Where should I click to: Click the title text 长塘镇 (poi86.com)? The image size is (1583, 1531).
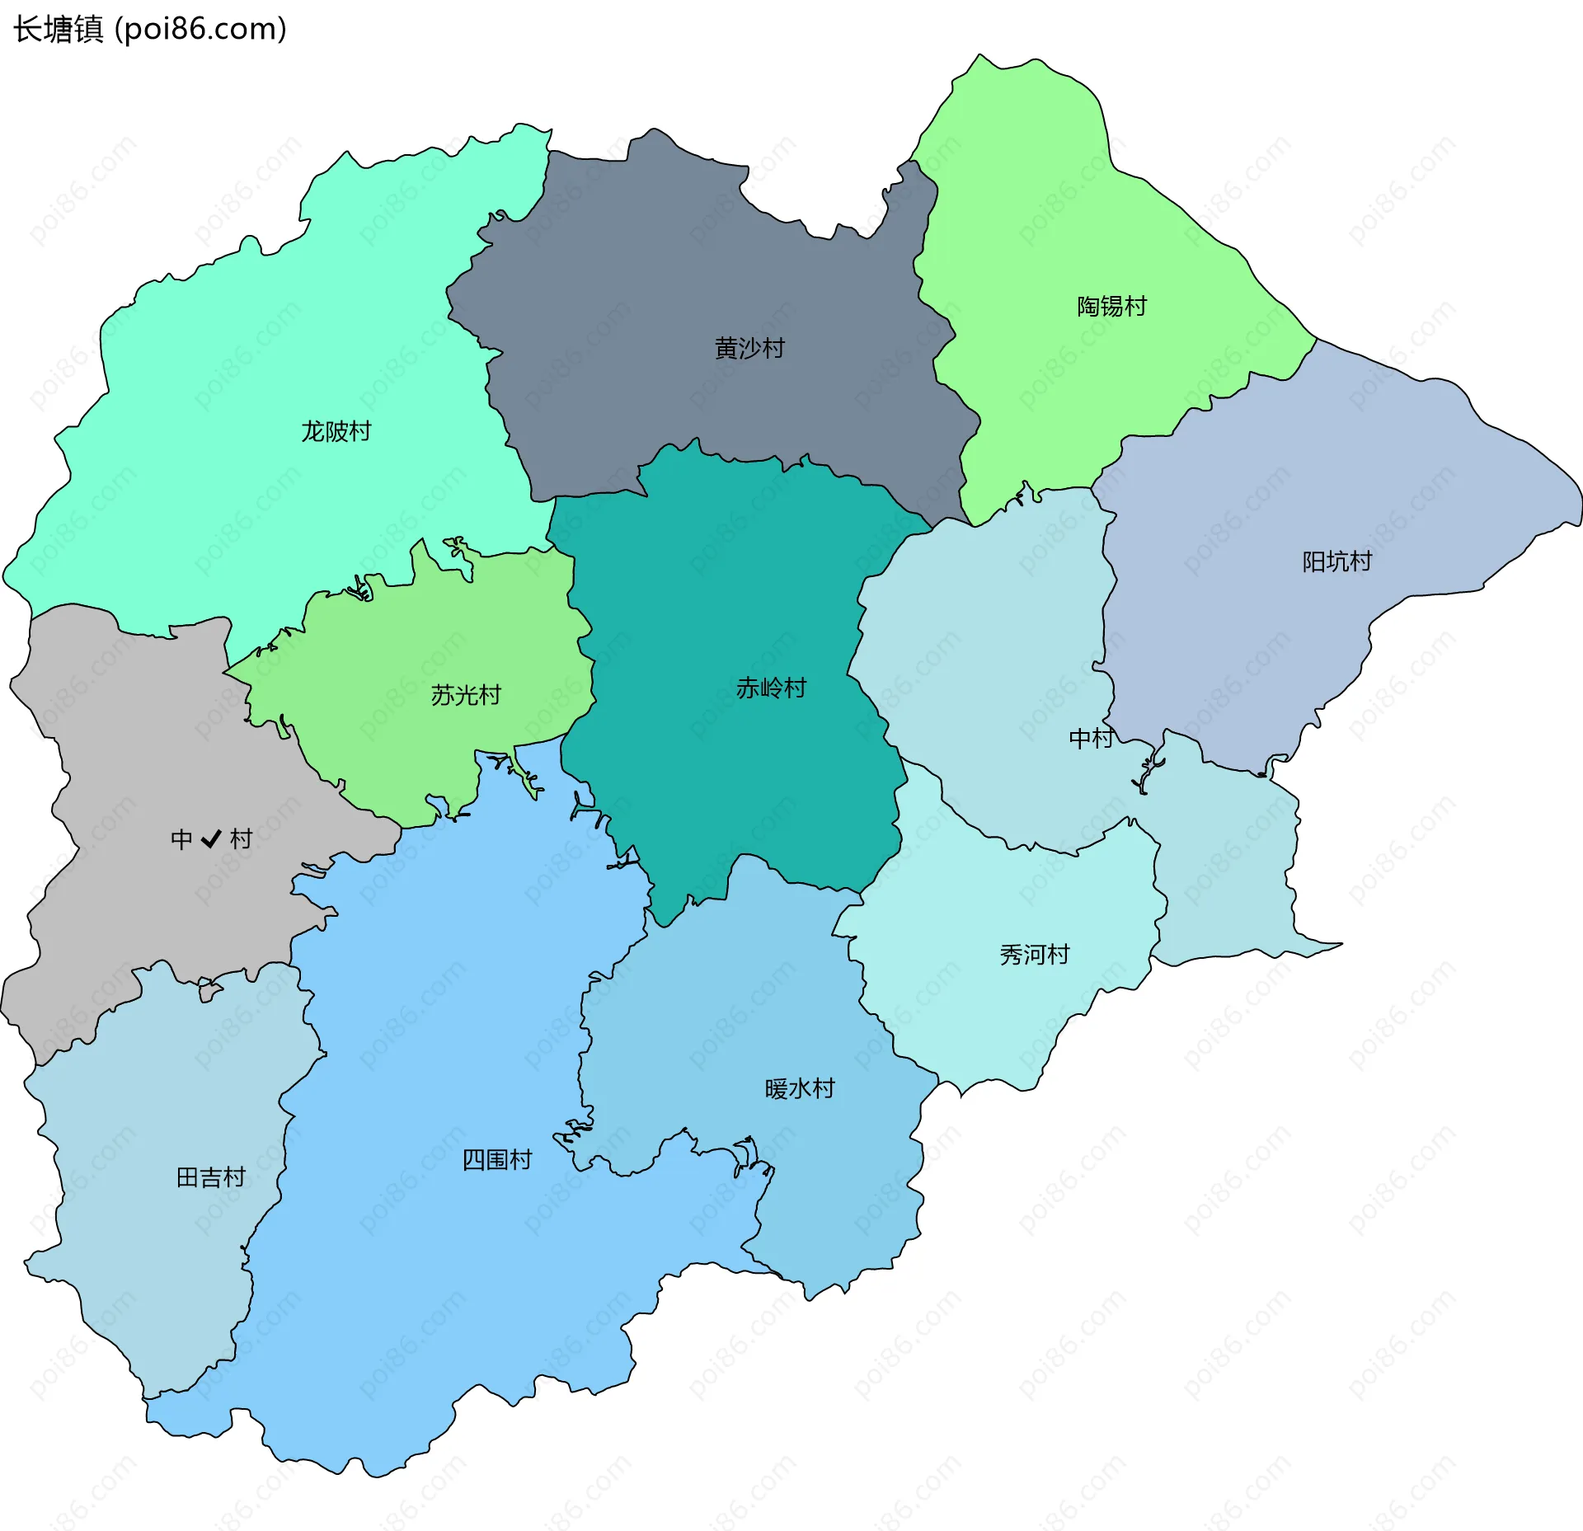pyautogui.click(x=149, y=29)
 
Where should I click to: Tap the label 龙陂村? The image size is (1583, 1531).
pyautogui.click(x=336, y=431)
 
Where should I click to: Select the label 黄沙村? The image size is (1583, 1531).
pyautogui.click(x=749, y=348)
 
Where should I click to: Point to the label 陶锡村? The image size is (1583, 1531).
pyautogui.click(x=1111, y=306)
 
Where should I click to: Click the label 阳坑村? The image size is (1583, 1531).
pyautogui.click(x=1336, y=561)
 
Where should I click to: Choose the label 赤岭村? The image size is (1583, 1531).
pyautogui.click(x=771, y=688)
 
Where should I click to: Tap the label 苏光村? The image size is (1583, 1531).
pyautogui.click(x=466, y=695)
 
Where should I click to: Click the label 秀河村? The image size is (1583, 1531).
pyautogui.click(x=1034, y=955)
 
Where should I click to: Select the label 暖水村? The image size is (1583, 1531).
pyautogui.click(x=800, y=1089)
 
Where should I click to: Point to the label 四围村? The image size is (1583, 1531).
pyautogui.click(x=496, y=1160)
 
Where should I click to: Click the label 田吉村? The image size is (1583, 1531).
pyautogui.click(x=211, y=1177)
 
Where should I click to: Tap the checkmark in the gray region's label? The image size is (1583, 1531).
pyautogui.click(x=211, y=838)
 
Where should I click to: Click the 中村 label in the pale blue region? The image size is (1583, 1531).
pyautogui.click(x=1091, y=738)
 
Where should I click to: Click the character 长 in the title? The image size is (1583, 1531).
pyautogui.click(x=27, y=29)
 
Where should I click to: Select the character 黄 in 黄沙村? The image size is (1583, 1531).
pyautogui.click(x=726, y=348)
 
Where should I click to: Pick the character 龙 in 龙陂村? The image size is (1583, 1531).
pyautogui.click(x=312, y=431)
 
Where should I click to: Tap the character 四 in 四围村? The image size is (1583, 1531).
pyautogui.click(x=473, y=1160)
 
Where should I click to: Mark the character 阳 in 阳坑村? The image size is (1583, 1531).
pyautogui.click(x=1313, y=561)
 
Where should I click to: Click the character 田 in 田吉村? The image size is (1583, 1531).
pyautogui.click(x=188, y=1177)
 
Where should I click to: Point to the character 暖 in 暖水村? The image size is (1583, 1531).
pyautogui.click(x=777, y=1089)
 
